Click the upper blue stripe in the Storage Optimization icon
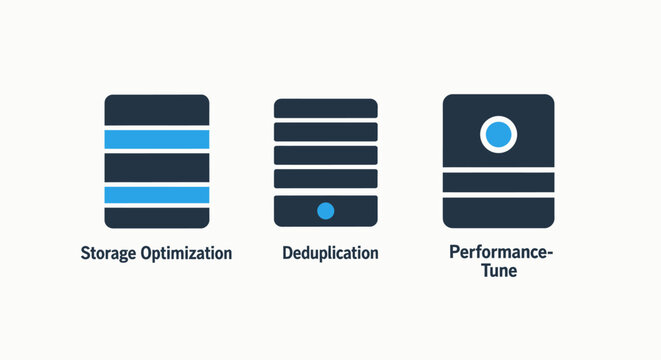[157, 139]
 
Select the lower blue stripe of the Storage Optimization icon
[157, 195]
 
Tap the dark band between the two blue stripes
[157, 167]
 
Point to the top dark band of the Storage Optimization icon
[157, 111]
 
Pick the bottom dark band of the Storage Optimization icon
[157, 217]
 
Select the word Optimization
[186, 253]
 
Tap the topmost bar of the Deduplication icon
[325, 108]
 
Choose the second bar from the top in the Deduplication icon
[325, 131]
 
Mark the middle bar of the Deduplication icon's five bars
[325, 155]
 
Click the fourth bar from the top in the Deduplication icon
[325, 179]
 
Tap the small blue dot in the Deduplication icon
[325, 210]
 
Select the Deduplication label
[331, 253]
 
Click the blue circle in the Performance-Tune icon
[498, 134]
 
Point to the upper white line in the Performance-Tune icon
[498, 171]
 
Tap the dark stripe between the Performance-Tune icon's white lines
[498, 182]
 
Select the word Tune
[497, 270]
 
